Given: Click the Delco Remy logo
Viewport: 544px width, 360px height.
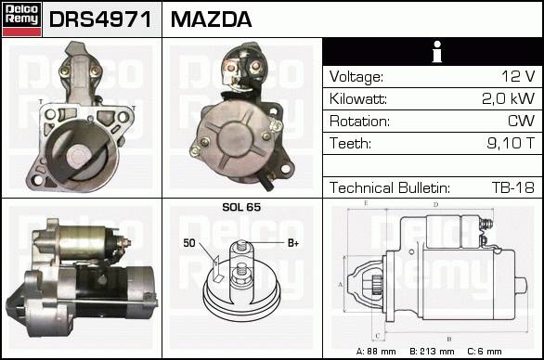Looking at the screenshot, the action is click(22, 19).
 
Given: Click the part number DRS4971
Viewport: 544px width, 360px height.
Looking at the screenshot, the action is click(100, 19).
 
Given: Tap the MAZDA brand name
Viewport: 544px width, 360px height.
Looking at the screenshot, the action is click(211, 19).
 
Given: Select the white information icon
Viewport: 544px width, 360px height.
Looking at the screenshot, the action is click(437, 52).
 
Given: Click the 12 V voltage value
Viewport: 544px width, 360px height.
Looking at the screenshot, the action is click(518, 76).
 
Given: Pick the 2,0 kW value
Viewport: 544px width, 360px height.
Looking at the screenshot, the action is click(509, 98).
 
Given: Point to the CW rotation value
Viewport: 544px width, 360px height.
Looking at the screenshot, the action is click(522, 121).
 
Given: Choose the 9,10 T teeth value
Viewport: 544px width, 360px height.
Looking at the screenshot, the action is click(511, 143).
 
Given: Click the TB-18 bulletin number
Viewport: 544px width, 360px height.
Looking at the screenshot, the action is click(513, 187).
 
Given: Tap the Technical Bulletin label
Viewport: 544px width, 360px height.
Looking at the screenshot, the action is click(390, 187).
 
